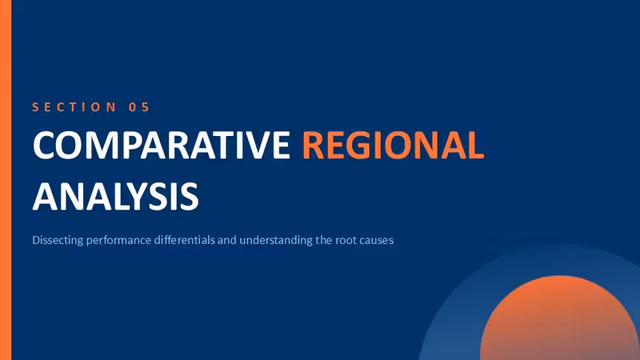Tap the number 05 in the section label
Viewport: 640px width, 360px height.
click(139, 107)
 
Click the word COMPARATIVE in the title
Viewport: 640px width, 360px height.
click(162, 145)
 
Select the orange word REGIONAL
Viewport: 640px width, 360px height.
click(393, 145)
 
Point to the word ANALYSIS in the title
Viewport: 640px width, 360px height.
click(115, 196)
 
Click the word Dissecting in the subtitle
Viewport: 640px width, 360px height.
click(58, 240)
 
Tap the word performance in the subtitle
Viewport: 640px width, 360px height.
click(118, 241)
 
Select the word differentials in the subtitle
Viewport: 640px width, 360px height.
click(185, 240)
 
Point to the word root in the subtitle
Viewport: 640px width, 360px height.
click(345, 241)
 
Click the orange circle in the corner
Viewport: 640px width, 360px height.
click(559, 318)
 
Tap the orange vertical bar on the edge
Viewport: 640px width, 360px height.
click(6, 180)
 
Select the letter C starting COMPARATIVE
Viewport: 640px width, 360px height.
click(43, 146)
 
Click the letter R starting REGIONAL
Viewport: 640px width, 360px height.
click(313, 145)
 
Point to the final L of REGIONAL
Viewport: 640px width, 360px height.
click(475, 145)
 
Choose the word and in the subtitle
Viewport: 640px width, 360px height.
click(227, 240)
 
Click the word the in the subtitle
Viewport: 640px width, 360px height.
click(324, 240)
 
